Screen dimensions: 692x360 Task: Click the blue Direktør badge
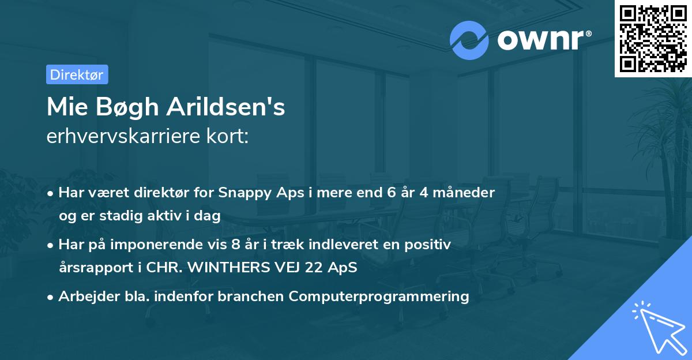pyautogui.click(x=77, y=74)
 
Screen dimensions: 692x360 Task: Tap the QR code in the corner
pyautogui.click(x=653, y=39)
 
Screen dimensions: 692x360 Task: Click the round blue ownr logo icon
pyautogui.click(x=469, y=40)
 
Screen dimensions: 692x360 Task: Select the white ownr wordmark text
pyautogui.click(x=544, y=40)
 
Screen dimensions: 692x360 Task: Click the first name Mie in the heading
pyautogui.click(x=67, y=107)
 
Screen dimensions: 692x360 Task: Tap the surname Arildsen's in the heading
pyautogui.click(x=226, y=107)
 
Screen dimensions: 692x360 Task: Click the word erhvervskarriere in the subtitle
pyautogui.click(x=123, y=136)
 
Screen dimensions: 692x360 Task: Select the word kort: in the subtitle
pyautogui.click(x=227, y=136)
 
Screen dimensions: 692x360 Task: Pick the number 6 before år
pyautogui.click(x=391, y=192)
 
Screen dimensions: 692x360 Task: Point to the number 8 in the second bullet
pyautogui.click(x=235, y=244)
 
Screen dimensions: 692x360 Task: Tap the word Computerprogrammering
pyautogui.click(x=379, y=297)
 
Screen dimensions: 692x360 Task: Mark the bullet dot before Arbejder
pyautogui.click(x=50, y=298)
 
